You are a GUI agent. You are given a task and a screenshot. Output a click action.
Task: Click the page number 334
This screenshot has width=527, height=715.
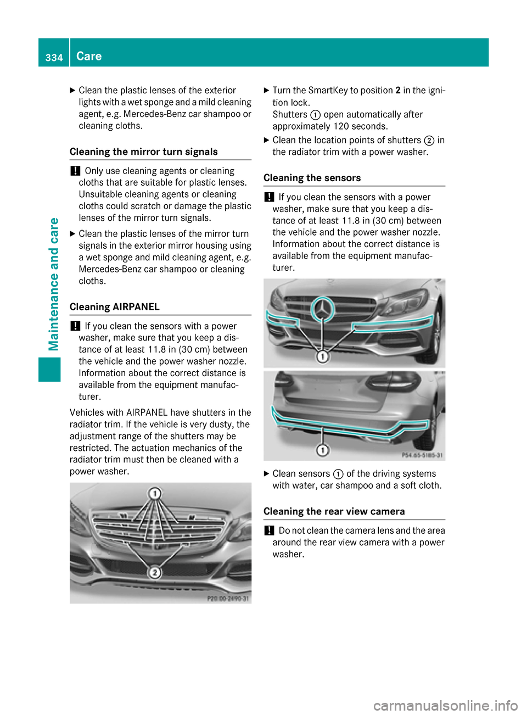pos(54,57)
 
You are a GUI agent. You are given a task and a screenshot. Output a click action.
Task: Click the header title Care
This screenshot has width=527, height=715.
pos(89,56)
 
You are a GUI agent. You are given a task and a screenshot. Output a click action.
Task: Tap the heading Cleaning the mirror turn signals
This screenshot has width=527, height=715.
pos(144,152)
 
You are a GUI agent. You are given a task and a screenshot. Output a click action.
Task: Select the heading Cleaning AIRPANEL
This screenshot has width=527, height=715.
pos(115,307)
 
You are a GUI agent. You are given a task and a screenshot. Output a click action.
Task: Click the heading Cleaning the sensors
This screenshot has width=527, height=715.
pos(312,178)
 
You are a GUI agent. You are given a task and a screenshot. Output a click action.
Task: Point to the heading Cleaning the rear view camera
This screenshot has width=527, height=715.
pos(334,511)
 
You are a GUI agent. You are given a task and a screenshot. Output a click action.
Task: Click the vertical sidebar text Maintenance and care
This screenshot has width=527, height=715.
pos(54,284)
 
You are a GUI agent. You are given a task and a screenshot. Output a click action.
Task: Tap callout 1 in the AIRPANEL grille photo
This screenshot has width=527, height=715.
pos(155,493)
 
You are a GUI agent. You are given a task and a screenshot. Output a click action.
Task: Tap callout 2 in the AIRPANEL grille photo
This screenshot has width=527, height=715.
pos(155,573)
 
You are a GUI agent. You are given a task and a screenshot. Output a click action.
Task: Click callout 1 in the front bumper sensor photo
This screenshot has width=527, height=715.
pos(323,357)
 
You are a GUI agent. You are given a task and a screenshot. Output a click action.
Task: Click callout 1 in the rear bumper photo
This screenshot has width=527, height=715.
pos(323,450)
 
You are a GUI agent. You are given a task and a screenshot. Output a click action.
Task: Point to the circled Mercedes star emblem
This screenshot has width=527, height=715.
pos(323,310)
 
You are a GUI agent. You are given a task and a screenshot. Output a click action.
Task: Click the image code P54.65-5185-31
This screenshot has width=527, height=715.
pos(422,455)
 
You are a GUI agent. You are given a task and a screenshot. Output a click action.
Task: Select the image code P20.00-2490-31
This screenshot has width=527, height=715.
pos(228,599)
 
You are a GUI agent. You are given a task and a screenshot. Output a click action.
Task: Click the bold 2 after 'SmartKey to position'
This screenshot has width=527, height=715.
pos(397,90)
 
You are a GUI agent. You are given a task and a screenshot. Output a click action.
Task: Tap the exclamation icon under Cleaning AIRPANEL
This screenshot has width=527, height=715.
pos(75,326)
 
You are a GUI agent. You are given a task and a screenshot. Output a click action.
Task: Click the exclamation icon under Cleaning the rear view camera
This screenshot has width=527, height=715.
pos(268,530)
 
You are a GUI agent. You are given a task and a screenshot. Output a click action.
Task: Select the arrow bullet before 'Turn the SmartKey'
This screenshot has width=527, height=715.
pos(267,90)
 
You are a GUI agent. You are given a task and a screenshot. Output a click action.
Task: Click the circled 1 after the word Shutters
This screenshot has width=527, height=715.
pos(315,115)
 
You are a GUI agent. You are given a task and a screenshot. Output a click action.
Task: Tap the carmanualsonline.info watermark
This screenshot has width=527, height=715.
pos(445,705)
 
